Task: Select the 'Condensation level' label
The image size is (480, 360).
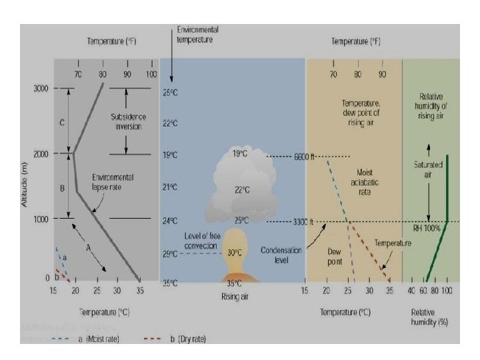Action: (x=281, y=255)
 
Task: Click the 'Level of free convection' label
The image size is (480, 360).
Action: (x=201, y=241)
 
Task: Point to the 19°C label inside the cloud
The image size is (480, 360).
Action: (x=240, y=154)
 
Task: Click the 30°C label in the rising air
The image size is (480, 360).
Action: (x=234, y=253)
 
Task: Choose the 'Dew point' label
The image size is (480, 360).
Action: (x=334, y=257)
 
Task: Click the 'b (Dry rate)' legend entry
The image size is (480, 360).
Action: (x=180, y=339)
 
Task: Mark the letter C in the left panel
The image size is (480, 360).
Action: (x=62, y=123)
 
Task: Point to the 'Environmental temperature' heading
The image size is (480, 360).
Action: (x=197, y=35)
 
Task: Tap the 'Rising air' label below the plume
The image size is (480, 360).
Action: (x=234, y=297)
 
